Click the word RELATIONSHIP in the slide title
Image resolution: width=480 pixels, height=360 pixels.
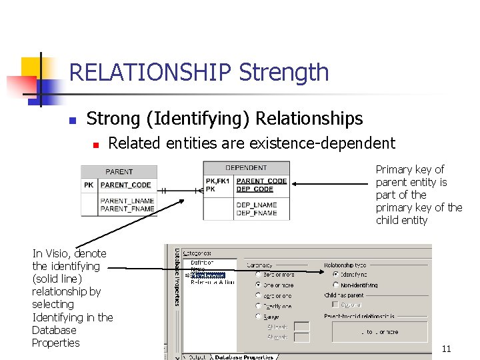[149, 72]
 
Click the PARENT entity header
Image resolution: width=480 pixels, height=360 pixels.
[119, 171]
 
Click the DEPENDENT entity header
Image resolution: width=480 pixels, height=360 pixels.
[246, 168]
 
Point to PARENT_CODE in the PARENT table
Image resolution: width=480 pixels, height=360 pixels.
[126, 185]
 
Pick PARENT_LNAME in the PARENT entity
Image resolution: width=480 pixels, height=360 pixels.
[127, 201]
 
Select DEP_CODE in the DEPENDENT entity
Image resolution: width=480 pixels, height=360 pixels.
[255, 189]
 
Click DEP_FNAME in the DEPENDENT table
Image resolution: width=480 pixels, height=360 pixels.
[256, 213]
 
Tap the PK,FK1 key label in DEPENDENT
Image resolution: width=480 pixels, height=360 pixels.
[218, 181]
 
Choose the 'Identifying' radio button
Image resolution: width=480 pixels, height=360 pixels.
[335, 274]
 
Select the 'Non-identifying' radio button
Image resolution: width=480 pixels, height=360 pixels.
[335, 285]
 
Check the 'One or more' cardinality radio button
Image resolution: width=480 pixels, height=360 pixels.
[258, 285]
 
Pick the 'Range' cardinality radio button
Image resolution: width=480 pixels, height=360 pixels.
[258, 317]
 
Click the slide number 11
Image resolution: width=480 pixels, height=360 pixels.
[446, 349]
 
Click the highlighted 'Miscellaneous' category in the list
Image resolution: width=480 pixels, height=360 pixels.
[208, 275]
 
